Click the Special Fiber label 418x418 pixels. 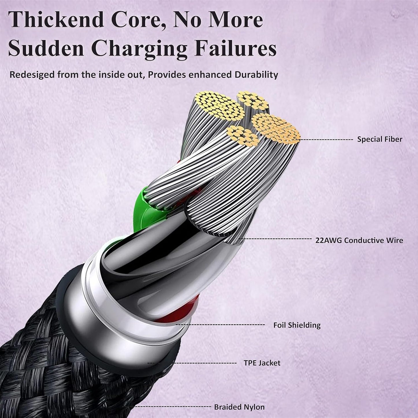pos(380,139)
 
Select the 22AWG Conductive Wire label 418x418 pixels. pos(359,240)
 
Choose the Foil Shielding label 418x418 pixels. pos(297,325)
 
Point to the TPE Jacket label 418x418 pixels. pos(262,363)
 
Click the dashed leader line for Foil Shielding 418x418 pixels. pos(220,325)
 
